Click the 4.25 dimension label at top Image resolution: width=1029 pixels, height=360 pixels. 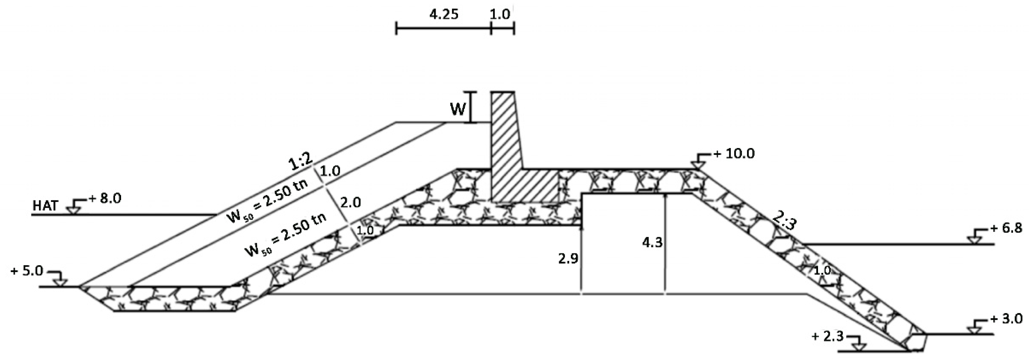443,14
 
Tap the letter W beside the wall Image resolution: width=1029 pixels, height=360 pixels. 458,109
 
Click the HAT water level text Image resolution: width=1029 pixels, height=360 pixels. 45,206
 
